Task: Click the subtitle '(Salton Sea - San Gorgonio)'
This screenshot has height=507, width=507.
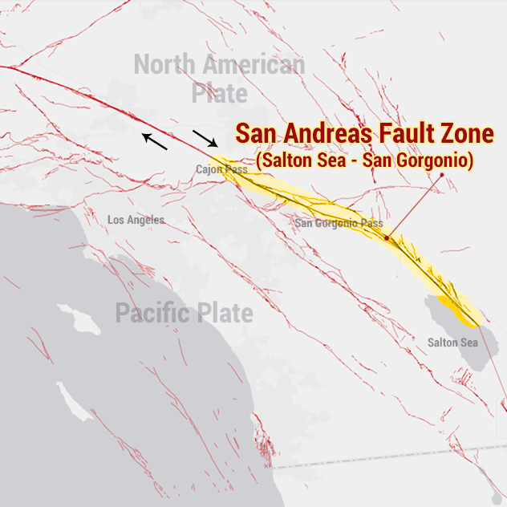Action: coord(365,160)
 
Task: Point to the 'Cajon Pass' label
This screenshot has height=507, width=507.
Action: coord(221,169)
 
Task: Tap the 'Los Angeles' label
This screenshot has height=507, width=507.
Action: coord(136,220)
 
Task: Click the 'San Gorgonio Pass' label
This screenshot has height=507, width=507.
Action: coord(338,223)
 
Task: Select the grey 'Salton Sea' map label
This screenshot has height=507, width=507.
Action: coord(452,343)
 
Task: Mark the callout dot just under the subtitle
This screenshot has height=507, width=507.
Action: coord(441,174)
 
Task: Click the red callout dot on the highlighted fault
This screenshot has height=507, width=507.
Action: coord(387,238)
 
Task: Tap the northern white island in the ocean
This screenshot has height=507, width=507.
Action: coord(79,318)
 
